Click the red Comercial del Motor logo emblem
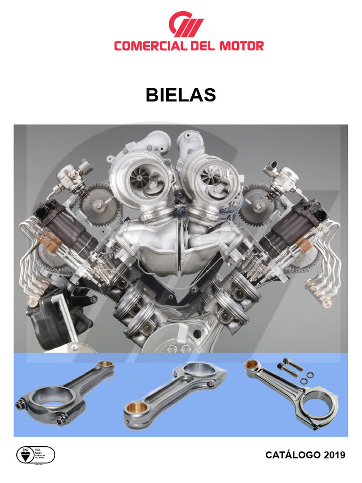pyautogui.click(x=186, y=25)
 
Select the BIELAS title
pyautogui.click(x=181, y=95)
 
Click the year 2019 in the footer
pyautogui.click(x=334, y=455)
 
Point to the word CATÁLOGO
pyautogui.click(x=293, y=455)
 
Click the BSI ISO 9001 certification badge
pyautogui.click(x=35, y=455)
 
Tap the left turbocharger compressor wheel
pyautogui.click(x=140, y=177)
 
